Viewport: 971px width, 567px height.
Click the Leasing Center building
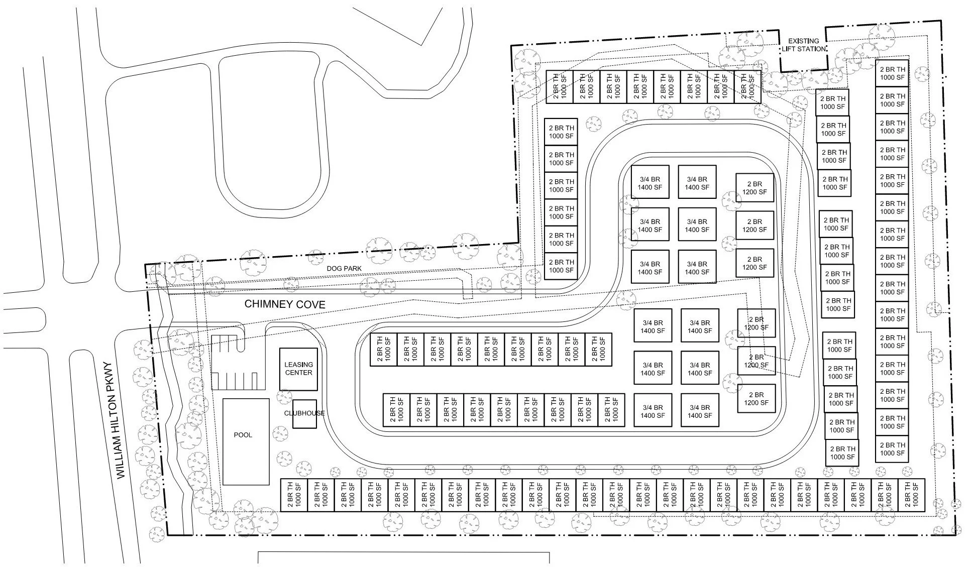(298, 369)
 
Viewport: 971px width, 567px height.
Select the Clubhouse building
(304, 414)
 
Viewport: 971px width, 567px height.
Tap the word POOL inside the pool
(243, 435)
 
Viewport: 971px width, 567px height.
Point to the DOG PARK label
(344, 269)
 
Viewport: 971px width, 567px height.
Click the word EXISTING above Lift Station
(803, 41)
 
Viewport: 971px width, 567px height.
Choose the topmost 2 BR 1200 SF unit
(754, 188)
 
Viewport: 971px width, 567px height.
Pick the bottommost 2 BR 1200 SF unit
(756, 399)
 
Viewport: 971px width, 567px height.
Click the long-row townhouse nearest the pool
(294, 495)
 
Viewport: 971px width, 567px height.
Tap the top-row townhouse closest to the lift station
(747, 87)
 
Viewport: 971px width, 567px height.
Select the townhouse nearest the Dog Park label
(561, 266)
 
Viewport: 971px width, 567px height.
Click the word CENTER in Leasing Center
(298, 373)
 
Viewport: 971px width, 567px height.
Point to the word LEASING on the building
(298, 365)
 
